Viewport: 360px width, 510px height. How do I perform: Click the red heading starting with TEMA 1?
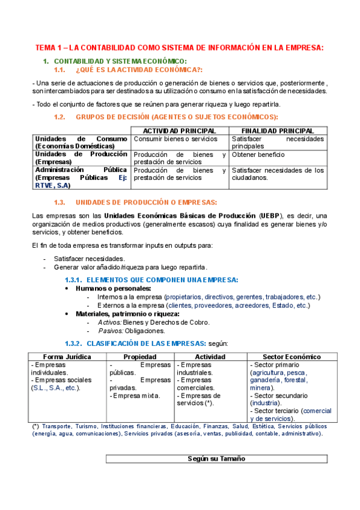pyautogui.click(x=179, y=48)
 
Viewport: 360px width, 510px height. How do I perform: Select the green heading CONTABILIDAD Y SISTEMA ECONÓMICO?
pyautogui.click(x=120, y=61)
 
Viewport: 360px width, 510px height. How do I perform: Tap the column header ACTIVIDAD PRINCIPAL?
pyautogui.click(x=180, y=131)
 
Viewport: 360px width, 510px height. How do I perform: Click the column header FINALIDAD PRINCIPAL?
pyautogui.click(x=277, y=131)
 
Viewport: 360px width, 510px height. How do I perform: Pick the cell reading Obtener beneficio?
pyautogui.click(x=258, y=155)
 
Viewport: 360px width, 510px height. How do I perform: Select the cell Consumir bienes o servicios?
pyautogui.click(x=175, y=139)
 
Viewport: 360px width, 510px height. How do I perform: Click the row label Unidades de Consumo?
pyautogui.click(x=81, y=139)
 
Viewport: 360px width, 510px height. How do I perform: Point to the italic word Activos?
pyautogui.click(x=109, y=322)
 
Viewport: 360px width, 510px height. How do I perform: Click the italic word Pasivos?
pyautogui.click(x=110, y=330)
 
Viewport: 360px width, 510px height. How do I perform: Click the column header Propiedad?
pyautogui.click(x=140, y=357)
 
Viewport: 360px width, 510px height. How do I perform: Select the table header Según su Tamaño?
pyautogui.click(x=216, y=458)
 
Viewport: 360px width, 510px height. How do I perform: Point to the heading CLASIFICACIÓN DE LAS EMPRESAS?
pyautogui.click(x=146, y=343)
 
